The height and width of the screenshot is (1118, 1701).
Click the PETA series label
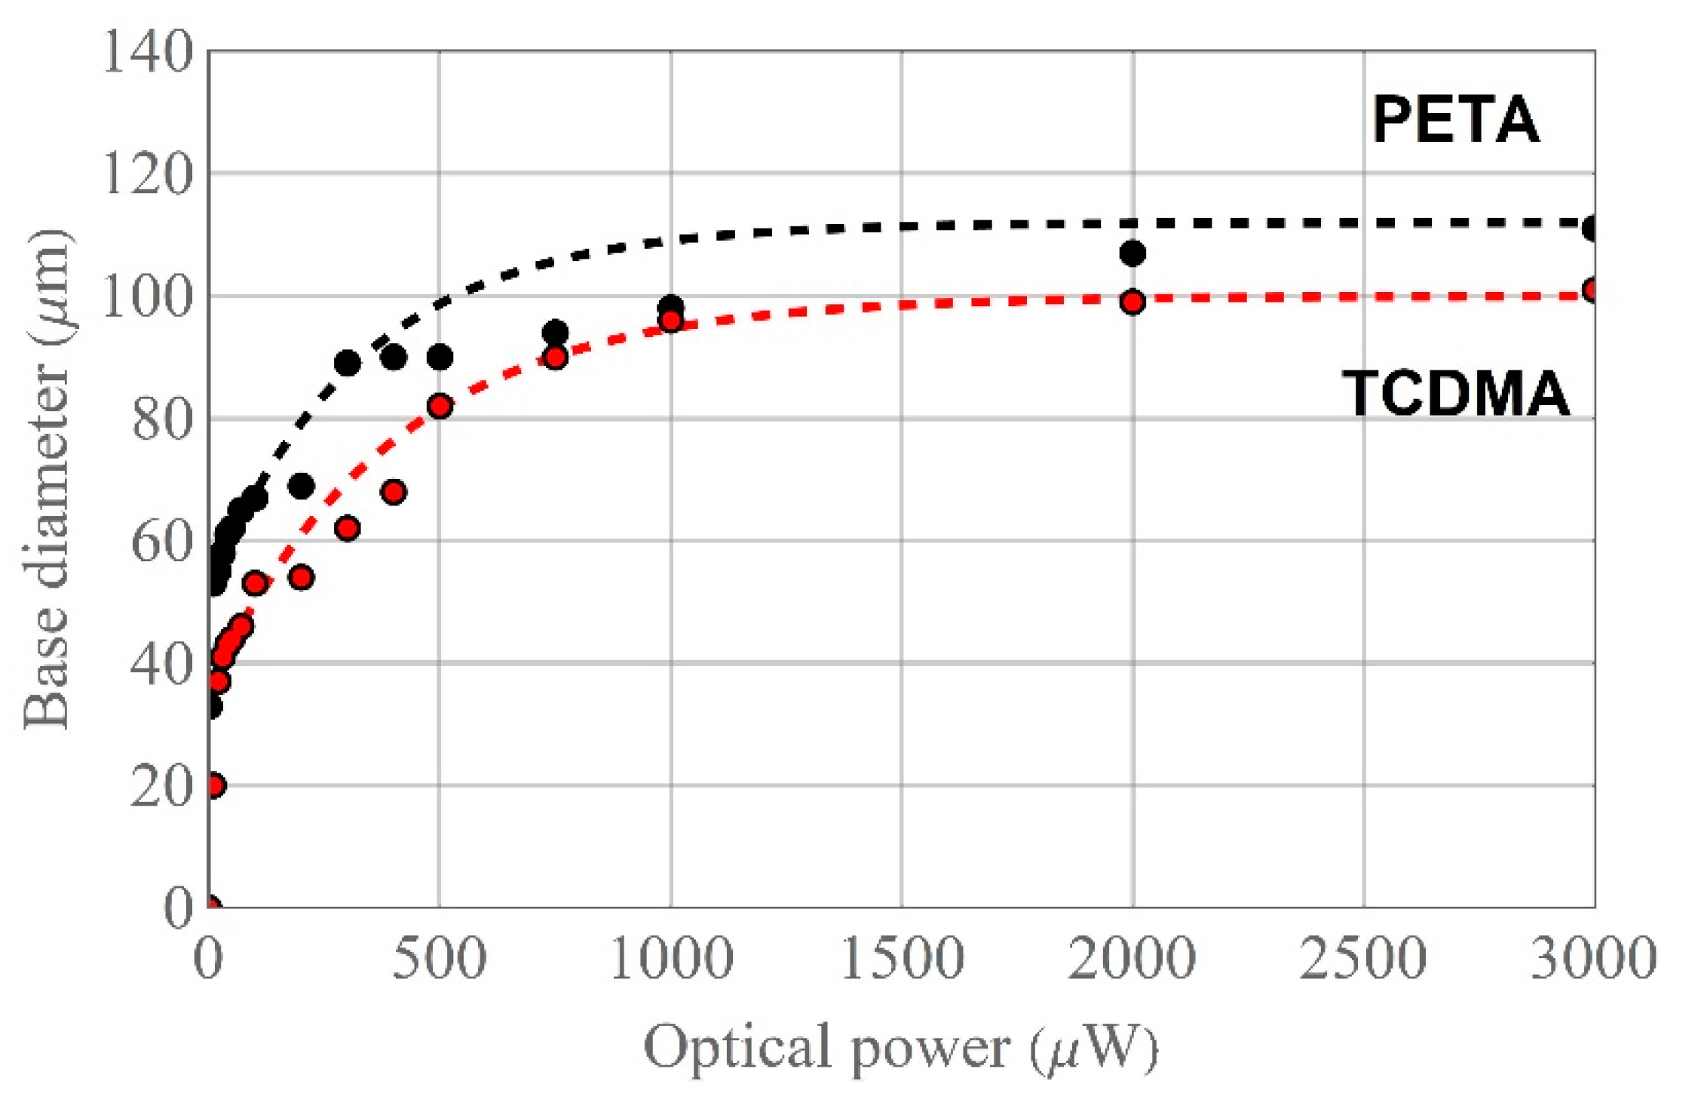click(1455, 121)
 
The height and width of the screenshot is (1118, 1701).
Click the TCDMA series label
click(1455, 394)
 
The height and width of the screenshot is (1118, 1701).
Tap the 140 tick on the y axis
click(148, 53)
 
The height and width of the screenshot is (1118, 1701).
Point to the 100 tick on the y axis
click(148, 297)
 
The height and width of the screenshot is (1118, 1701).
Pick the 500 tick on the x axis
click(439, 958)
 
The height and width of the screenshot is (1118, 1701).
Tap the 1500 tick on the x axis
click(902, 958)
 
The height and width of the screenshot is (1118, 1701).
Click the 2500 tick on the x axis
click(1363, 958)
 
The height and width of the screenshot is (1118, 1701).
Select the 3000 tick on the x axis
click(1593, 958)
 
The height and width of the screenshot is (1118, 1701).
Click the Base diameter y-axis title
click(47, 480)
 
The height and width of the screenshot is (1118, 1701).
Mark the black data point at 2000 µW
click(1132, 253)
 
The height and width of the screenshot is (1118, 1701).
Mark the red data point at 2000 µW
click(1132, 303)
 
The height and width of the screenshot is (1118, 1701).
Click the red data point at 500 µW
click(440, 407)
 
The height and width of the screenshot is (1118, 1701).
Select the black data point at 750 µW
click(555, 333)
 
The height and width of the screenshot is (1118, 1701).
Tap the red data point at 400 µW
click(394, 493)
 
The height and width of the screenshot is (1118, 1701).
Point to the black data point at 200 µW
click(301, 487)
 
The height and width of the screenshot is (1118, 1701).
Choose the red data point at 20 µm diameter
click(213, 785)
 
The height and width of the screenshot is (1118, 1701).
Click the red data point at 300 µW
click(347, 529)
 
